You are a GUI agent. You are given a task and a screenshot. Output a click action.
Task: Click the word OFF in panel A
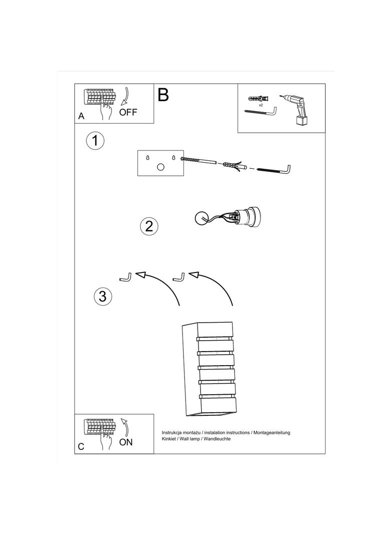[128, 112]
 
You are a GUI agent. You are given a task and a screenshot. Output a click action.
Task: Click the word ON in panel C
[126, 442]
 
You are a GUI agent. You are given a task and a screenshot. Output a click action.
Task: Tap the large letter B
[163, 95]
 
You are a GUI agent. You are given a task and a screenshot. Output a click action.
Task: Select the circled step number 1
[95, 141]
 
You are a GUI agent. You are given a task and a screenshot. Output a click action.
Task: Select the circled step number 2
[149, 226]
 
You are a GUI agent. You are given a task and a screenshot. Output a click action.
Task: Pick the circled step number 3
[102, 296]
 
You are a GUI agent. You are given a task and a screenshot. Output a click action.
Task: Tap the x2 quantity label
[260, 105]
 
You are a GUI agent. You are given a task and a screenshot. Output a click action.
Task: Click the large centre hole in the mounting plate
[160, 167]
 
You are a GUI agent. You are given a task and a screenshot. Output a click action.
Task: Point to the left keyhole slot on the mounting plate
[147, 158]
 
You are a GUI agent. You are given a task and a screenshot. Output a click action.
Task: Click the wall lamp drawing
[207, 369]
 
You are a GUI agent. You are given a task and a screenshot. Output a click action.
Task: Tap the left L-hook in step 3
[125, 277]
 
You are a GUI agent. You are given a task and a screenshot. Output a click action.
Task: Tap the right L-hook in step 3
[179, 277]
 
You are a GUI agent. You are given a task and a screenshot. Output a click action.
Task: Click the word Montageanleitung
[272, 433]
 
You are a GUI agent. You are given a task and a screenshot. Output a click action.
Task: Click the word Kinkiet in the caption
[168, 439]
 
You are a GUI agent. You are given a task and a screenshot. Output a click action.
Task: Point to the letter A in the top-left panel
[81, 116]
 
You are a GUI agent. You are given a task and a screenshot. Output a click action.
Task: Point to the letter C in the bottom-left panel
[81, 446]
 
